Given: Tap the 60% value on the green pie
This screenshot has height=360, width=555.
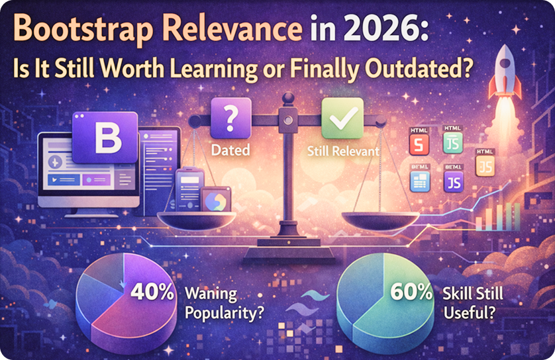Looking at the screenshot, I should point(411,292).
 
